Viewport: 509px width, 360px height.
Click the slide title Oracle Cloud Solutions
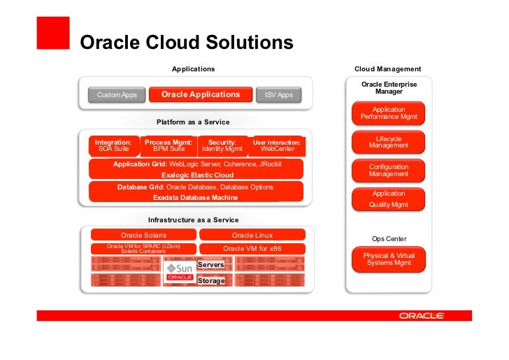tap(187, 43)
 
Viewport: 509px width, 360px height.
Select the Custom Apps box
tap(117, 94)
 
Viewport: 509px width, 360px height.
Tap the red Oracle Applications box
tap(200, 94)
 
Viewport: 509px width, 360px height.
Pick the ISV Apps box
tap(278, 94)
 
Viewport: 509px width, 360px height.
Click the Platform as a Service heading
tap(192, 122)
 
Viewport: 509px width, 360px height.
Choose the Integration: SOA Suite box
tap(113, 145)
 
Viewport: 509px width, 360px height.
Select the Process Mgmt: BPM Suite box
tap(168, 145)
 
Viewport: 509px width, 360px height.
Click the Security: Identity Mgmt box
tap(222, 145)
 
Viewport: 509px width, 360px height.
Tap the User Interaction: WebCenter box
tap(277, 145)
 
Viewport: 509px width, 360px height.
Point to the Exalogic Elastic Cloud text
tap(197, 175)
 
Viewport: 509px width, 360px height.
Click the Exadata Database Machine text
tap(196, 197)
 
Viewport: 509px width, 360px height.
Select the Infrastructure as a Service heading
tap(193, 219)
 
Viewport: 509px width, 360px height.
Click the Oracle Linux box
tap(252, 235)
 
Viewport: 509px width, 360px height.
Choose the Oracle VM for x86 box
tap(252, 249)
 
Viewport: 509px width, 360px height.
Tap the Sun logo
tap(180, 268)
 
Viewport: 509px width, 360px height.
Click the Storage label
tap(211, 281)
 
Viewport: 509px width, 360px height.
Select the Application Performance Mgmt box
tap(389, 113)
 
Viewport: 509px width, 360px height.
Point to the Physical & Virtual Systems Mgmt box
tap(389, 259)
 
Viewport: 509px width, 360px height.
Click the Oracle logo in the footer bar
tap(422, 316)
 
